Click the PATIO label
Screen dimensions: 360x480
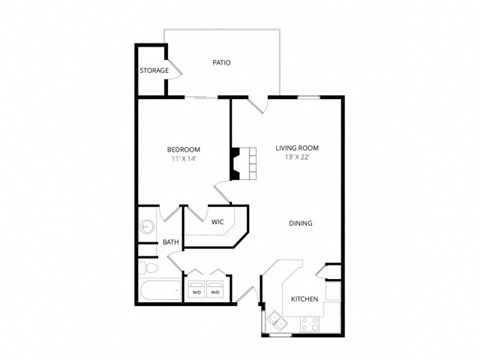(x=222, y=63)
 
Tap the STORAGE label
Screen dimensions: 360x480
(x=153, y=71)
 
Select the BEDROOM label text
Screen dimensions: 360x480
(x=184, y=149)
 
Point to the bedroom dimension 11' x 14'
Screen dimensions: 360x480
(x=184, y=160)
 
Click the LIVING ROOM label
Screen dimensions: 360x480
(x=296, y=149)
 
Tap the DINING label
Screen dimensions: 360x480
(x=300, y=224)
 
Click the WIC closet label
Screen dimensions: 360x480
(x=217, y=222)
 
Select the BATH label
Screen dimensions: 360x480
(x=171, y=241)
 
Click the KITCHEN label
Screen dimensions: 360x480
(x=304, y=299)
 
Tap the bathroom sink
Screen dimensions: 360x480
(x=146, y=226)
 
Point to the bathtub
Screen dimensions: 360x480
(x=158, y=292)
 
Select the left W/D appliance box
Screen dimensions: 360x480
(x=196, y=292)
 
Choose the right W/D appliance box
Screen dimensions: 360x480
(x=216, y=292)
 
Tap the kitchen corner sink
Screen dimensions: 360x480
(x=275, y=321)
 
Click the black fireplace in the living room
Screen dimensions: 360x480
(x=236, y=162)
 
